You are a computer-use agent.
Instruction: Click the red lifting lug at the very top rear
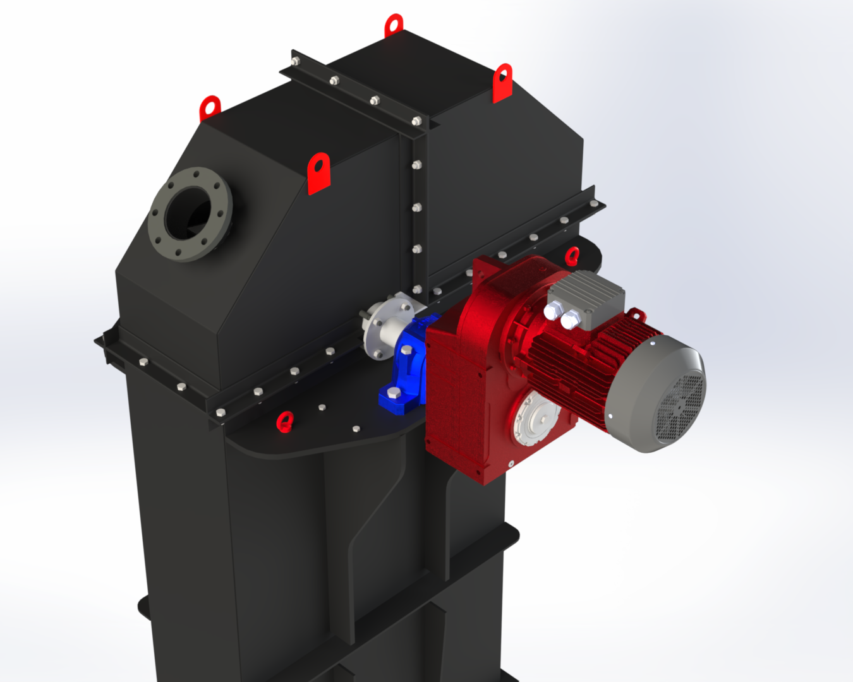pos(394,25)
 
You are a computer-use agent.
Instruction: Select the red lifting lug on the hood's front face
pos(319,172)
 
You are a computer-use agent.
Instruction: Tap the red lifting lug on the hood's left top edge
pos(209,108)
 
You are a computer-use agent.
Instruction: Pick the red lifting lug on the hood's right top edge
pos(502,82)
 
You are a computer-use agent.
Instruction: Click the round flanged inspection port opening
pos(190,214)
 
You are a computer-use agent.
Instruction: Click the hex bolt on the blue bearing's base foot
pos(394,394)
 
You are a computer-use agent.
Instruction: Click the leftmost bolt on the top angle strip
pos(295,61)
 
